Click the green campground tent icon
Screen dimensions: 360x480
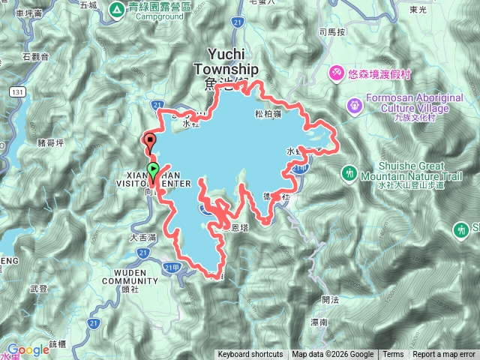coord(117,9)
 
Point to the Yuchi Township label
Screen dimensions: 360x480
coord(226,62)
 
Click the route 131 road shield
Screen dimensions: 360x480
coord(17,90)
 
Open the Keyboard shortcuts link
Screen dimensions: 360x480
coord(250,355)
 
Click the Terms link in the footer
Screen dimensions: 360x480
coord(393,355)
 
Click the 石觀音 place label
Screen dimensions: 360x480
coord(35,56)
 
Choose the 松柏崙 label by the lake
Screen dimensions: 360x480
coord(267,114)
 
